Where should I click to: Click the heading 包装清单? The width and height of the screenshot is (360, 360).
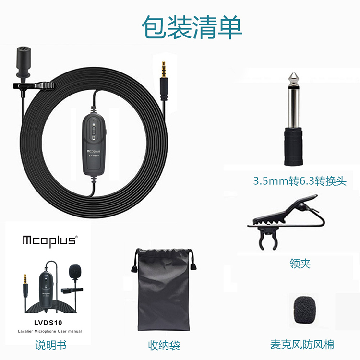click(x=192, y=27)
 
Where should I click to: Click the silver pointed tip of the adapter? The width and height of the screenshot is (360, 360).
click(x=293, y=78)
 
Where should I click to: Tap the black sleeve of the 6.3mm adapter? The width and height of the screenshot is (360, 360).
click(x=293, y=146)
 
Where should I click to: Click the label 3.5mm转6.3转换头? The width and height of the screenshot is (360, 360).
click(x=300, y=181)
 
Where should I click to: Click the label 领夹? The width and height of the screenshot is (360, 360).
click(x=300, y=264)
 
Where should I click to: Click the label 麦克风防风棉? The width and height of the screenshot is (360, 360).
click(x=302, y=345)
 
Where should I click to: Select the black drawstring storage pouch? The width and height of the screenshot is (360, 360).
click(x=164, y=289)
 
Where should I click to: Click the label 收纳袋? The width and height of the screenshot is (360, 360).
click(x=164, y=346)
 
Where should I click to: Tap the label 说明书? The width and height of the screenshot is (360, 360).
click(x=51, y=345)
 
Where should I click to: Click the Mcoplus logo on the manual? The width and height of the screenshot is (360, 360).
click(x=50, y=241)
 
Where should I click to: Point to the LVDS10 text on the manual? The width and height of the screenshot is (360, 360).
click(x=48, y=323)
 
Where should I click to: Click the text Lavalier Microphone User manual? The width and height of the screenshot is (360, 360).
click(x=50, y=331)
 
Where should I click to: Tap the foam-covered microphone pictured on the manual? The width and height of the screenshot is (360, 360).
click(x=75, y=271)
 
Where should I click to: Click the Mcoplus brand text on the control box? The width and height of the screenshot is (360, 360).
click(x=94, y=151)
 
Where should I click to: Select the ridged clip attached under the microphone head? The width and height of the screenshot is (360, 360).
click(x=34, y=86)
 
